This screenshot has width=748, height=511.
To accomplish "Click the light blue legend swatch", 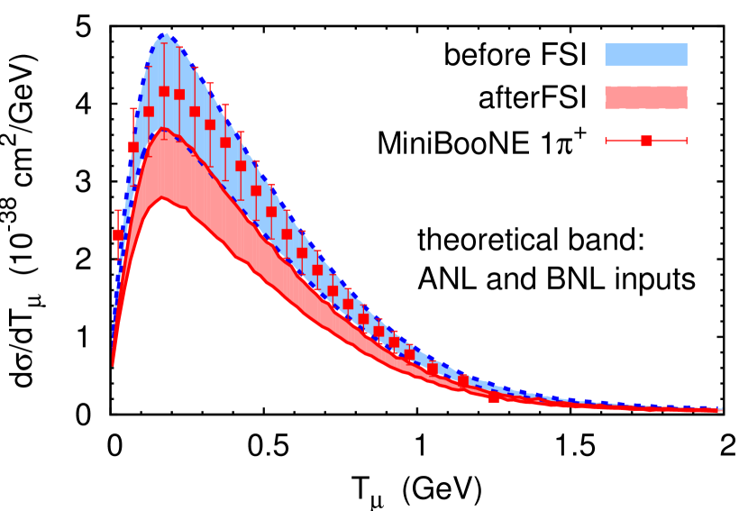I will click(645, 55).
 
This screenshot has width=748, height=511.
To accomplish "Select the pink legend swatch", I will click(645, 97).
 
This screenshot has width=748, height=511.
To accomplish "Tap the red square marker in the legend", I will click(646, 141).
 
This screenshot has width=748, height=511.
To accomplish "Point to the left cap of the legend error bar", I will click(606, 141).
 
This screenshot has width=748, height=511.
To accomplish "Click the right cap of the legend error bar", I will click(687, 141).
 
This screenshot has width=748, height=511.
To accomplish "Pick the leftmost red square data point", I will click(118, 235).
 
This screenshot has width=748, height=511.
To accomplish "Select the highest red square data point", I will click(164, 91).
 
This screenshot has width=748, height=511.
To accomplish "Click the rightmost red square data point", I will click(494, 397).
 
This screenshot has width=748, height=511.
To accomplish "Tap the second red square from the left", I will click(133, 147).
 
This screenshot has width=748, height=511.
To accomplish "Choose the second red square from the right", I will click(463, 381).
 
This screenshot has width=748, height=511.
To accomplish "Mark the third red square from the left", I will click(149, 112).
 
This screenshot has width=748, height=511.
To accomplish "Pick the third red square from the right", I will click(433, 369).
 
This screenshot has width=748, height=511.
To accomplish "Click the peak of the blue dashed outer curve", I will click(165, 33).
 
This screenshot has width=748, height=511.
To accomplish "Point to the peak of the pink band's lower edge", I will click(162, 197).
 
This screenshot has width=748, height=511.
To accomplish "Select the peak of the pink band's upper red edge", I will click(163, 129).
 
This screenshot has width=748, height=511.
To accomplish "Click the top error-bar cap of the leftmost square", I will click(118, 210).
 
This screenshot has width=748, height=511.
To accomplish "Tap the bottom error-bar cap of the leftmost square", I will click(118, 260).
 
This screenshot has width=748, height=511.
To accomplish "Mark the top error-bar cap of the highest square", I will click(164, 43).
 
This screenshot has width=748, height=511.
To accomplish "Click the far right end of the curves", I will click(720, 409).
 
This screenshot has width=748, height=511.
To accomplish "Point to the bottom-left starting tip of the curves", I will click(113, 365).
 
